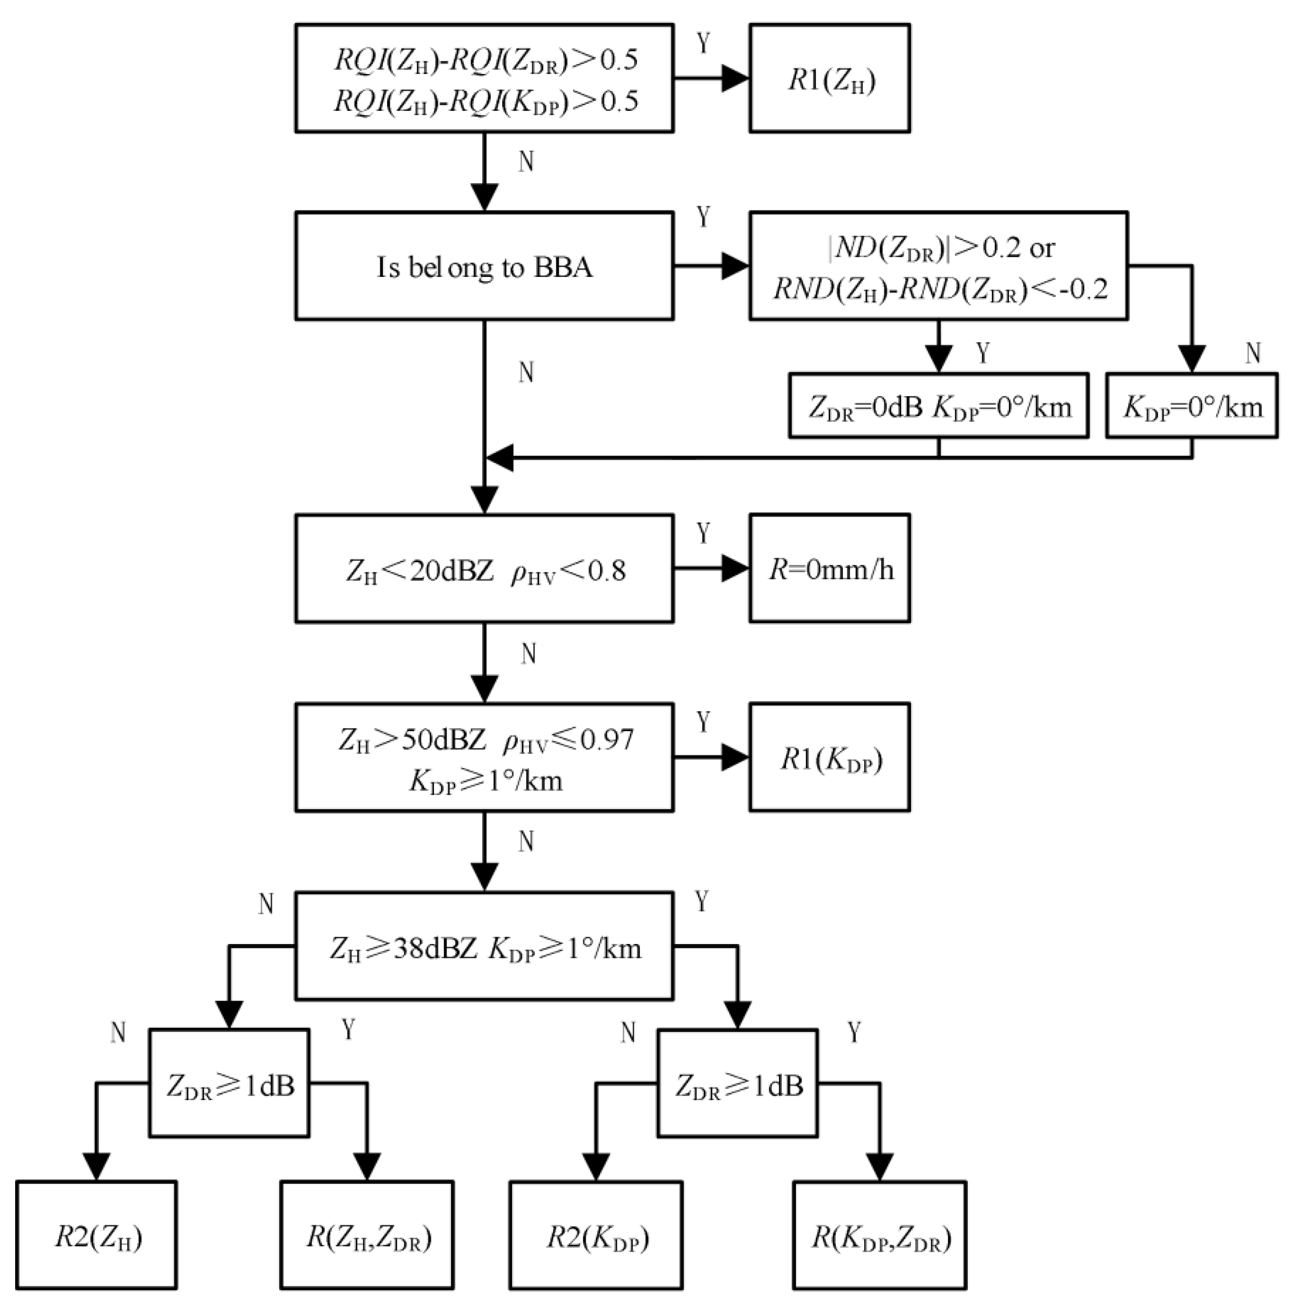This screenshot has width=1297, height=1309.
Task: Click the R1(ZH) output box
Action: pyautogui.click(x=829, y=79)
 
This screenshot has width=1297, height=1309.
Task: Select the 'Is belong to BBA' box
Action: pyautogui.click(x=484, y=266)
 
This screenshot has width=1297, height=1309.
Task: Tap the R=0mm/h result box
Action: pyautogui.click(x=829, y=569)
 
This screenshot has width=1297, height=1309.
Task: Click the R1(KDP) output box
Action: pyautogui.click(x=829, y=758)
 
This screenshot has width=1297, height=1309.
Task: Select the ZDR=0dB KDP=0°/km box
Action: pyautogui.click(x=939, y=406)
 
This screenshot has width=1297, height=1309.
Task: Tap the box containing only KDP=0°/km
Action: pyautogui.click(x=1191, y=406)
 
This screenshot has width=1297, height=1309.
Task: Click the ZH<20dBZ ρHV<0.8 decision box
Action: pyautogui.click(x=484, y=569)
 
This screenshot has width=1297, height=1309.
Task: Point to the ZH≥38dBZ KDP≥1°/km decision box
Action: pyautogui.click(x=484, y=947)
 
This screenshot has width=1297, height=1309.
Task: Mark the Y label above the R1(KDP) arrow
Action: pyautogui.click(x=703, y=723)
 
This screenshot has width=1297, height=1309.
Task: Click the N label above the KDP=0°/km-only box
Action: pyautogui.click(x=1253, y=353)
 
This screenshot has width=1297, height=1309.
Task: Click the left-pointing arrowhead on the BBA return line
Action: pyautogui.click(x=500, y=458)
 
